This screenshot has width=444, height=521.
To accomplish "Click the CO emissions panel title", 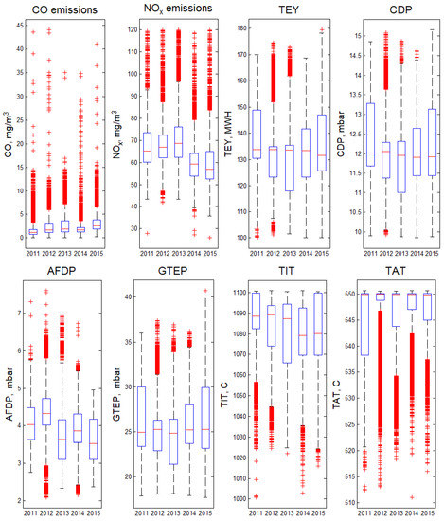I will (x=60, y=9).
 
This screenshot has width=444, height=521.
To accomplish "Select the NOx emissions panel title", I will (x=168, y=9).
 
